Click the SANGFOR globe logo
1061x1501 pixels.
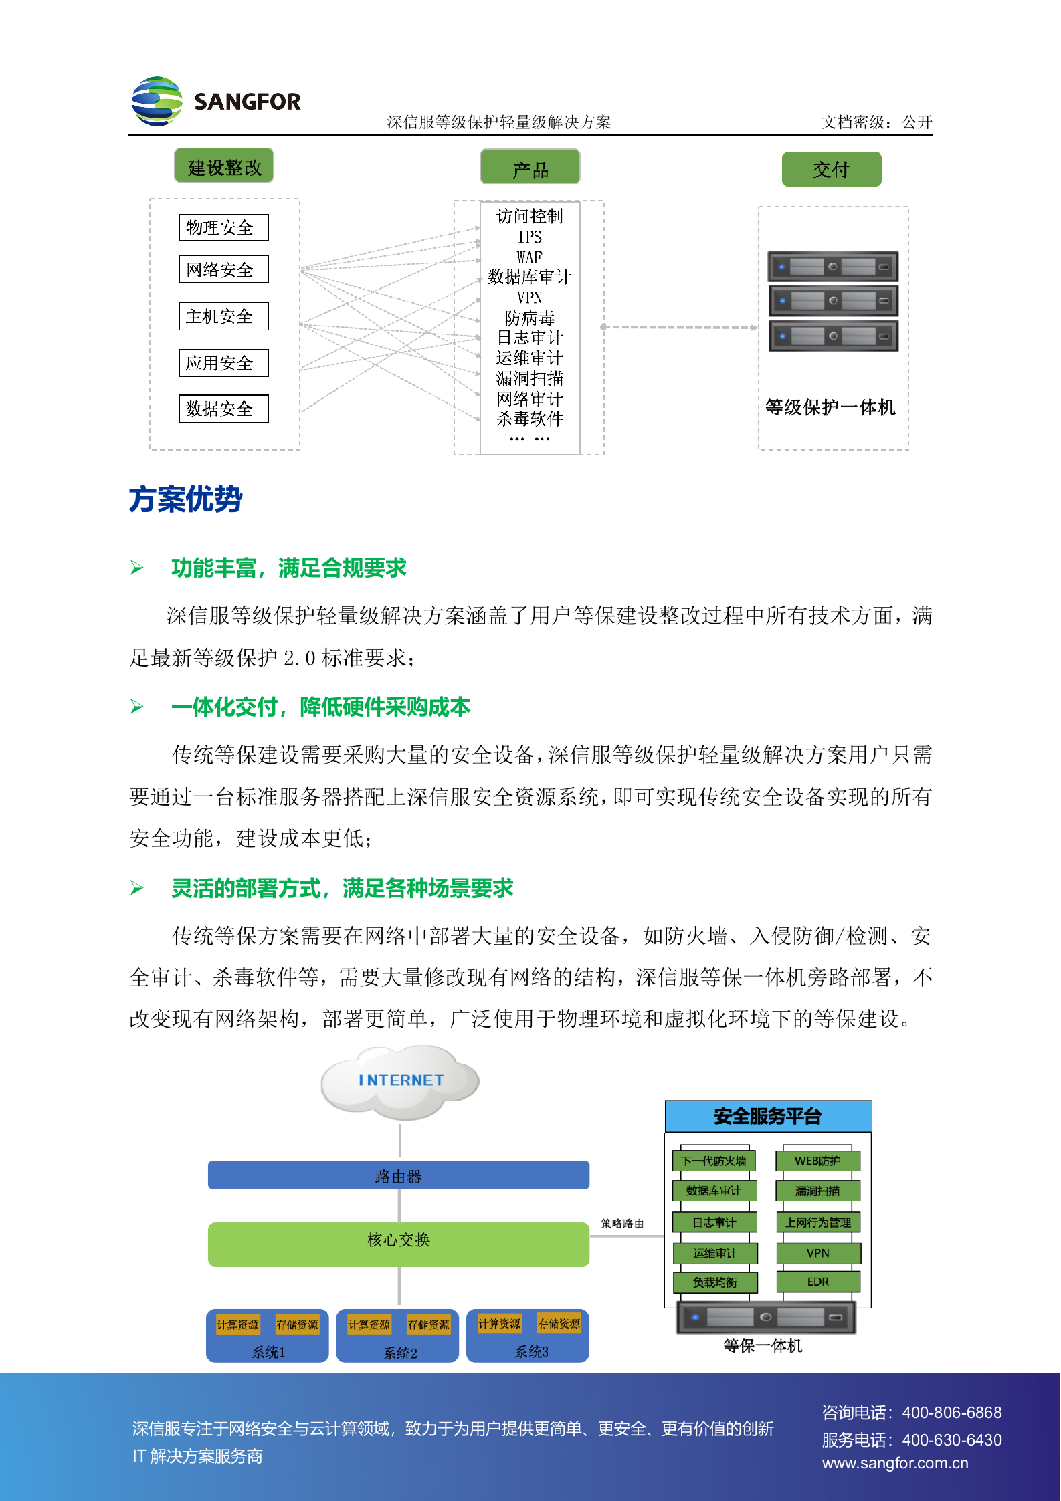point(157,101)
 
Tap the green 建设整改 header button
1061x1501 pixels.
point(224,166)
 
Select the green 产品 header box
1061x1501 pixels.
point(530,168)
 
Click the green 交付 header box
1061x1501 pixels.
point(831,170)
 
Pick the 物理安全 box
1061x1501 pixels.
point(223,227)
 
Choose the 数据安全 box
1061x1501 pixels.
point(223,409)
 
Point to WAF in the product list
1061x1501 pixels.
point(529,257)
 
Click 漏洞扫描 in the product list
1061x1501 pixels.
point(529,378)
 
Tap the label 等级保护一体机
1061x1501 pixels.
point(830,407)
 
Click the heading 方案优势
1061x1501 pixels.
point(186,499)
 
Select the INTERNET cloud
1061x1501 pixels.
point(401,1080)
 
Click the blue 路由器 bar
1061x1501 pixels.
point(399,1175)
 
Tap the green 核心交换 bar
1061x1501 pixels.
point(399,1240)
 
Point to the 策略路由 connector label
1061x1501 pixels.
point(622,1224)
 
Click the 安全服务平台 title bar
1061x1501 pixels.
point(767,1116)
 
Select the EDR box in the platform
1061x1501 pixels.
point(817,1282)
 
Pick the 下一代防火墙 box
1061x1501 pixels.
point(714,1161)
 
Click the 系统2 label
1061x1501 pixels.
point(400,1353)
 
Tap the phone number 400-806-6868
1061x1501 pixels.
point(951,1413)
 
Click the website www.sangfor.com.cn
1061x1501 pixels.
point(895,1463)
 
